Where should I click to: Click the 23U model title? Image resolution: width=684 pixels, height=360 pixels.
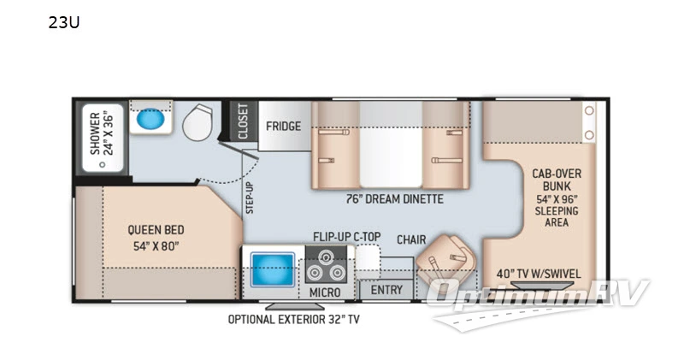point(63,22)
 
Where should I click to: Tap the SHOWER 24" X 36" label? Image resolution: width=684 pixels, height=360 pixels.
point(102,133)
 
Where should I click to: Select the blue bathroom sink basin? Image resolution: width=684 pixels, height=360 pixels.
point(150,118)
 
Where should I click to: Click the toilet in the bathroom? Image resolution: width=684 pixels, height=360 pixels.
point(198,121)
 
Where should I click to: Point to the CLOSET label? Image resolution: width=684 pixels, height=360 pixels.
point(243,121)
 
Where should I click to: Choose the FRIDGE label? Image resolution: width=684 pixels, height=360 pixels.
point(284,126)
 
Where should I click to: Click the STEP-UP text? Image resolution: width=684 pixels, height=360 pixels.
point(250,198)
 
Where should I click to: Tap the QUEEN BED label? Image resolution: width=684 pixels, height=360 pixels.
point(156,230)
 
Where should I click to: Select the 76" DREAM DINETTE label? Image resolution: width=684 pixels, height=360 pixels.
point(394,199)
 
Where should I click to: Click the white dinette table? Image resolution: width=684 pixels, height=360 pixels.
point(391,145)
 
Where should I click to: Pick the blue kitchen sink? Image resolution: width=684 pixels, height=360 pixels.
point(272,270)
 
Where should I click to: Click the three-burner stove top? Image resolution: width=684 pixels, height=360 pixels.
point(326,265)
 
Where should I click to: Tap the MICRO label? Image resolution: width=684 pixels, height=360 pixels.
point(325,292)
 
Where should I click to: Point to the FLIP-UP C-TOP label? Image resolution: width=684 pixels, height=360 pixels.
point(347,237)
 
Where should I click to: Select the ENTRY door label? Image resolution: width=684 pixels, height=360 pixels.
point(386,290)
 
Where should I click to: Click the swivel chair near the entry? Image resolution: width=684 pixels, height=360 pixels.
point(445,258)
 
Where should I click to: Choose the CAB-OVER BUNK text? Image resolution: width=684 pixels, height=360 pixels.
point(557,180)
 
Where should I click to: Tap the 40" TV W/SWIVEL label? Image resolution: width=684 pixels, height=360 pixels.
point(539,274)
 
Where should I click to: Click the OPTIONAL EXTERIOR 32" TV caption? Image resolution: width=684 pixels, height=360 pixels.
point(293,320)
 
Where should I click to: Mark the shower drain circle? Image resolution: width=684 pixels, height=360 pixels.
point(103,165)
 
